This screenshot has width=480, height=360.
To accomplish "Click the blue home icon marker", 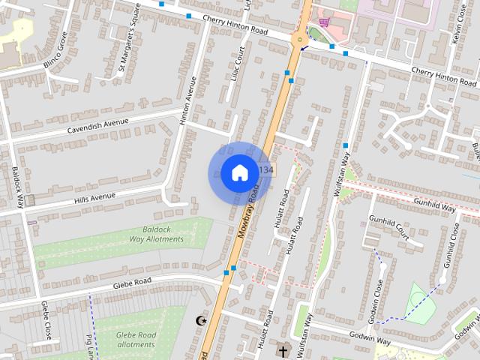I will (239, 173).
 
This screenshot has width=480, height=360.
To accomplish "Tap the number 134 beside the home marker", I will (265, 171).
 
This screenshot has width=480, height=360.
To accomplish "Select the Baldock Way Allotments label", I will (156, 234).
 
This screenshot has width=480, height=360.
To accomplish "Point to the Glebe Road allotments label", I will (135, 339).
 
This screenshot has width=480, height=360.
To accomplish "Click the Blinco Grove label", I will (57, 50).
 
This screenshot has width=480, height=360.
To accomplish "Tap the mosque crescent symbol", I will (200, 321).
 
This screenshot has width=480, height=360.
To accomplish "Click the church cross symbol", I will (283, 349).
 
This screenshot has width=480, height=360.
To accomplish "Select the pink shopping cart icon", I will (323, 22).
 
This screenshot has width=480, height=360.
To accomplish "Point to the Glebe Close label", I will (46, 319).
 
